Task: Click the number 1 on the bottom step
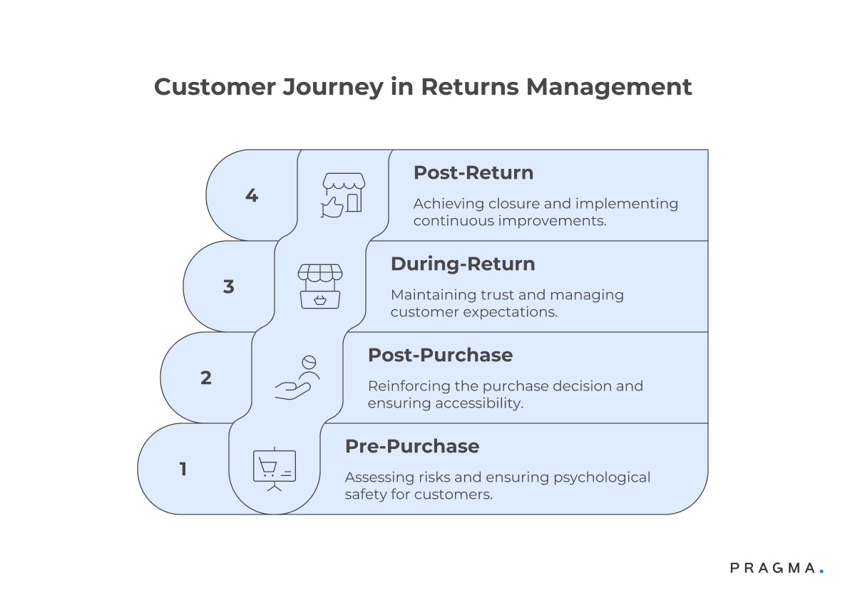coord(183,469)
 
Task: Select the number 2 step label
coord(206,378)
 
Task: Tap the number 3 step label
coord(229,286)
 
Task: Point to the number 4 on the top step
coord(252,195)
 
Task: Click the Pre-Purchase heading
coord(411,446)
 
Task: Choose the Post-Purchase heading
coord(440,355)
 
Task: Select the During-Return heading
coord(462,264)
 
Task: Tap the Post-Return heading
coord(473,172)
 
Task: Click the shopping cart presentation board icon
coord(275,469)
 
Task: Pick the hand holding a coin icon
coord(298,378)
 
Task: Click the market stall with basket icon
coord(320,286)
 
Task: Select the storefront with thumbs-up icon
coord(343,195)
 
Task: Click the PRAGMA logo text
coord(773,568)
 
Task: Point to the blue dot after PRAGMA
coord(821,571)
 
